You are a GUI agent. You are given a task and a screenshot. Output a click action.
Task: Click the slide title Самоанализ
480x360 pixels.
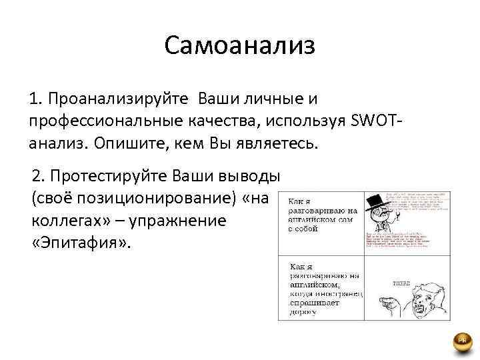point(239,46)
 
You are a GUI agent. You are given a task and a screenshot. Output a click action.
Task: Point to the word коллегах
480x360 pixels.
point(67,221)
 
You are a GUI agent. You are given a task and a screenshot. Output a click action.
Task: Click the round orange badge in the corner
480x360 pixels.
point(461,341)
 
